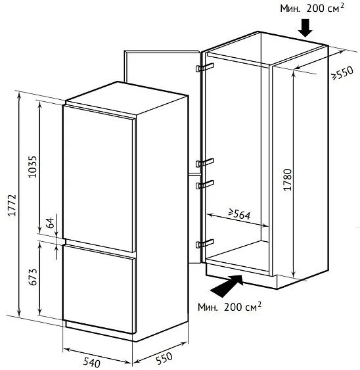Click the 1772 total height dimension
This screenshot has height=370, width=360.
[12, 205]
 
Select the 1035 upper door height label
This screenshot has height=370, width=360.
[32, 166]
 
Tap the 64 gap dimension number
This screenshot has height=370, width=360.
[50, 223]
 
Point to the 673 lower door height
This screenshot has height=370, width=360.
[33, 277]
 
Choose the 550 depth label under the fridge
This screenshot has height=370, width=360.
[164, 358]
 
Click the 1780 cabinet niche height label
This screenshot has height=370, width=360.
[287, 179]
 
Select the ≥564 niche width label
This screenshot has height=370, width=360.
[239, 214]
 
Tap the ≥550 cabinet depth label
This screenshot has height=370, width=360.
[343, 73]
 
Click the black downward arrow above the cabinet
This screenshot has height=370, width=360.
[305, 28]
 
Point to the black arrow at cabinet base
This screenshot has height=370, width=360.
[227, 286]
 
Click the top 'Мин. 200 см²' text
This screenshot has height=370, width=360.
[312, 9]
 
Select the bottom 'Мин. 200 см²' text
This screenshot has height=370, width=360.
[229, 307]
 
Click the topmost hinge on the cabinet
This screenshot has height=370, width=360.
[205, 67]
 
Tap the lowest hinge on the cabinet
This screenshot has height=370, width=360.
[205, 243]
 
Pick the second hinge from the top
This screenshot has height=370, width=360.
[205, 162]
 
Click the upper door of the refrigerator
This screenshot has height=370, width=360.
[99, 179]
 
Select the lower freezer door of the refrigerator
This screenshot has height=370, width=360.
[99, 289]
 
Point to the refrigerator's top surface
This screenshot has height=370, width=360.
[127, 98]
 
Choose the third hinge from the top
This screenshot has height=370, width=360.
[205, 185]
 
